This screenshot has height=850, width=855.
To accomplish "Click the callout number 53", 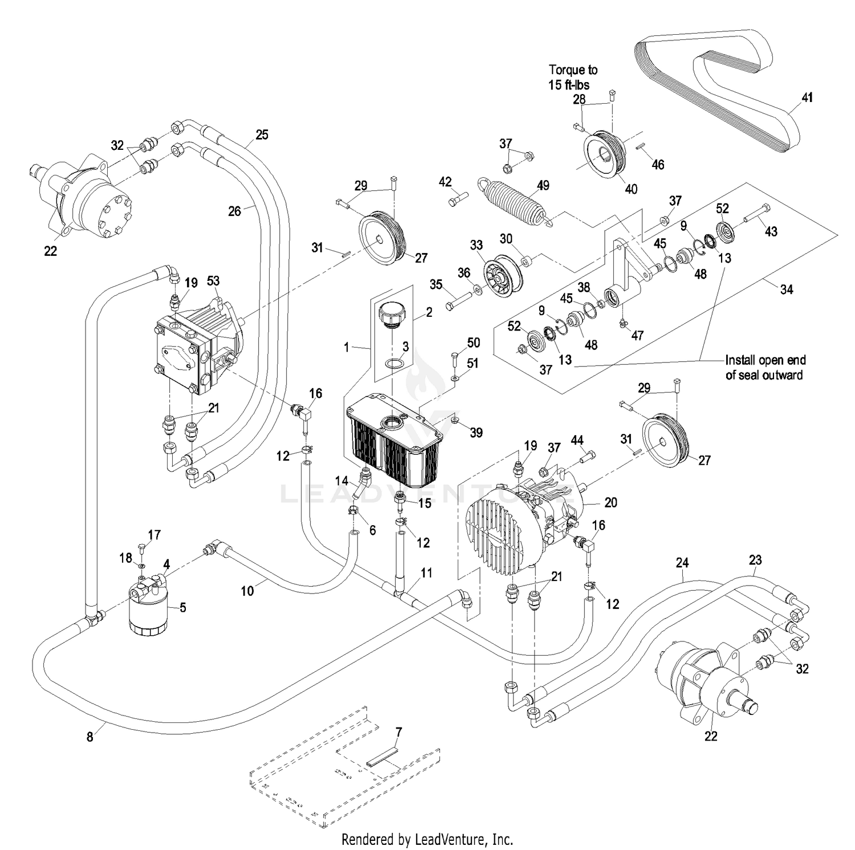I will (x=213, y=281).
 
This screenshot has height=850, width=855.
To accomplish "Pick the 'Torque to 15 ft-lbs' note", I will (x=572, y=77).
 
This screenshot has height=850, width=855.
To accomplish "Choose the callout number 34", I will (x=786, y=289).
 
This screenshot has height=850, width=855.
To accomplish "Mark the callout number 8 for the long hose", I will (x=89, y=737).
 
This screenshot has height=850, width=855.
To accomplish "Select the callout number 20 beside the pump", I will (x=610, y=502).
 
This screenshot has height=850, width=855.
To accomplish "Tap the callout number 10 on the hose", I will (x=247, y=591).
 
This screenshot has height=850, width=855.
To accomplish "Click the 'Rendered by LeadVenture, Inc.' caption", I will (x=427, y=839).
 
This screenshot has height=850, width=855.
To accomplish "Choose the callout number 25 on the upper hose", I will (x=262, y=135).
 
